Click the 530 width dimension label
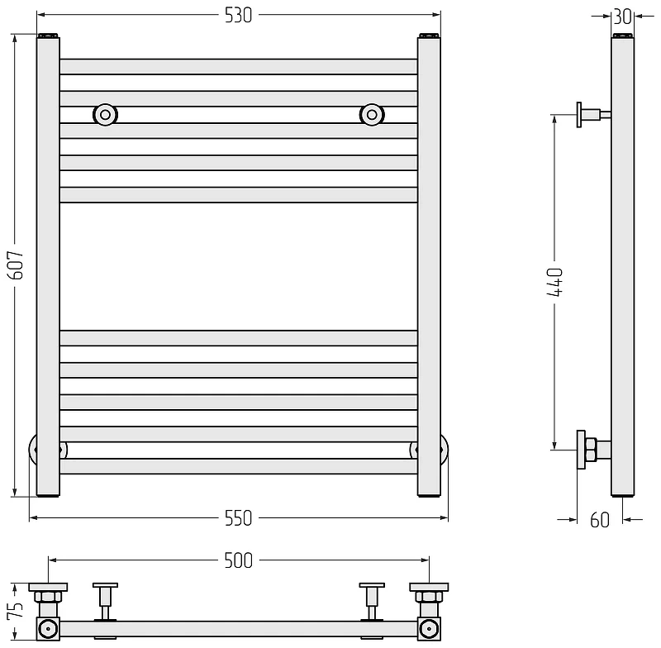238,15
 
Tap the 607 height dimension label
17,264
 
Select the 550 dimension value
238,518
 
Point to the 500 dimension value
238,560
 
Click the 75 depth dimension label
15,611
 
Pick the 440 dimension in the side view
554,282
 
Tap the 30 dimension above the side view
623,17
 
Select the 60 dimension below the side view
600,520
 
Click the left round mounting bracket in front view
105,114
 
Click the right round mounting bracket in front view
371,114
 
